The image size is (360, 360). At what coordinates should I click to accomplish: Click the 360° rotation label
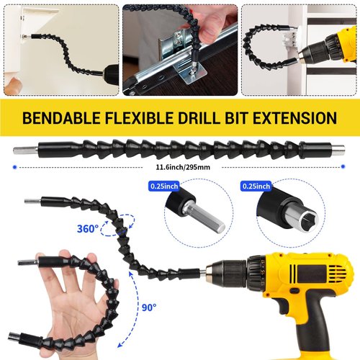click(x=87, y=230)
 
